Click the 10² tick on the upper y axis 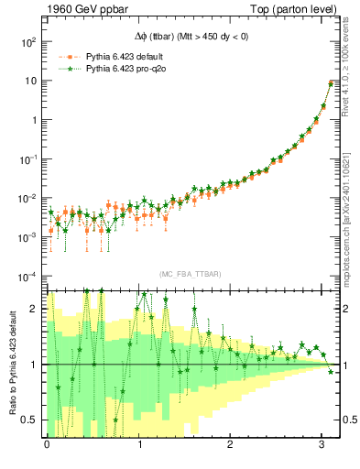[29, 42]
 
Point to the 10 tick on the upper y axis [32, 81]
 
